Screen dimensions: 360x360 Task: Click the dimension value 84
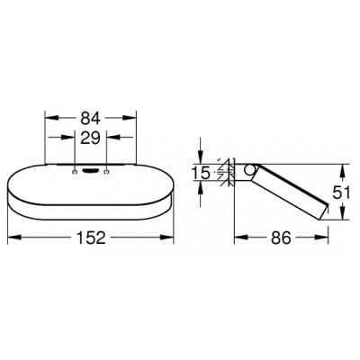point(90,119)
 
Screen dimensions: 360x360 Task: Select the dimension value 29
point(90,138)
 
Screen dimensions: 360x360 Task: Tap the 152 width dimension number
point(91,238)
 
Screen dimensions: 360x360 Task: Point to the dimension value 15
point(201,173)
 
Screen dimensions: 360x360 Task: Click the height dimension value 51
point(341,193)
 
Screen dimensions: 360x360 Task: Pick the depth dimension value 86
point(281,238)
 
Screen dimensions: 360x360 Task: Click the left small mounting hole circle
point(75,172)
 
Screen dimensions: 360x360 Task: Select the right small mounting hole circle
point(106,172)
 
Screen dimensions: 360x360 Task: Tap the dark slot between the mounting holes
point(90,171)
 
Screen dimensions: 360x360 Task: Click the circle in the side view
point(248,169)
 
